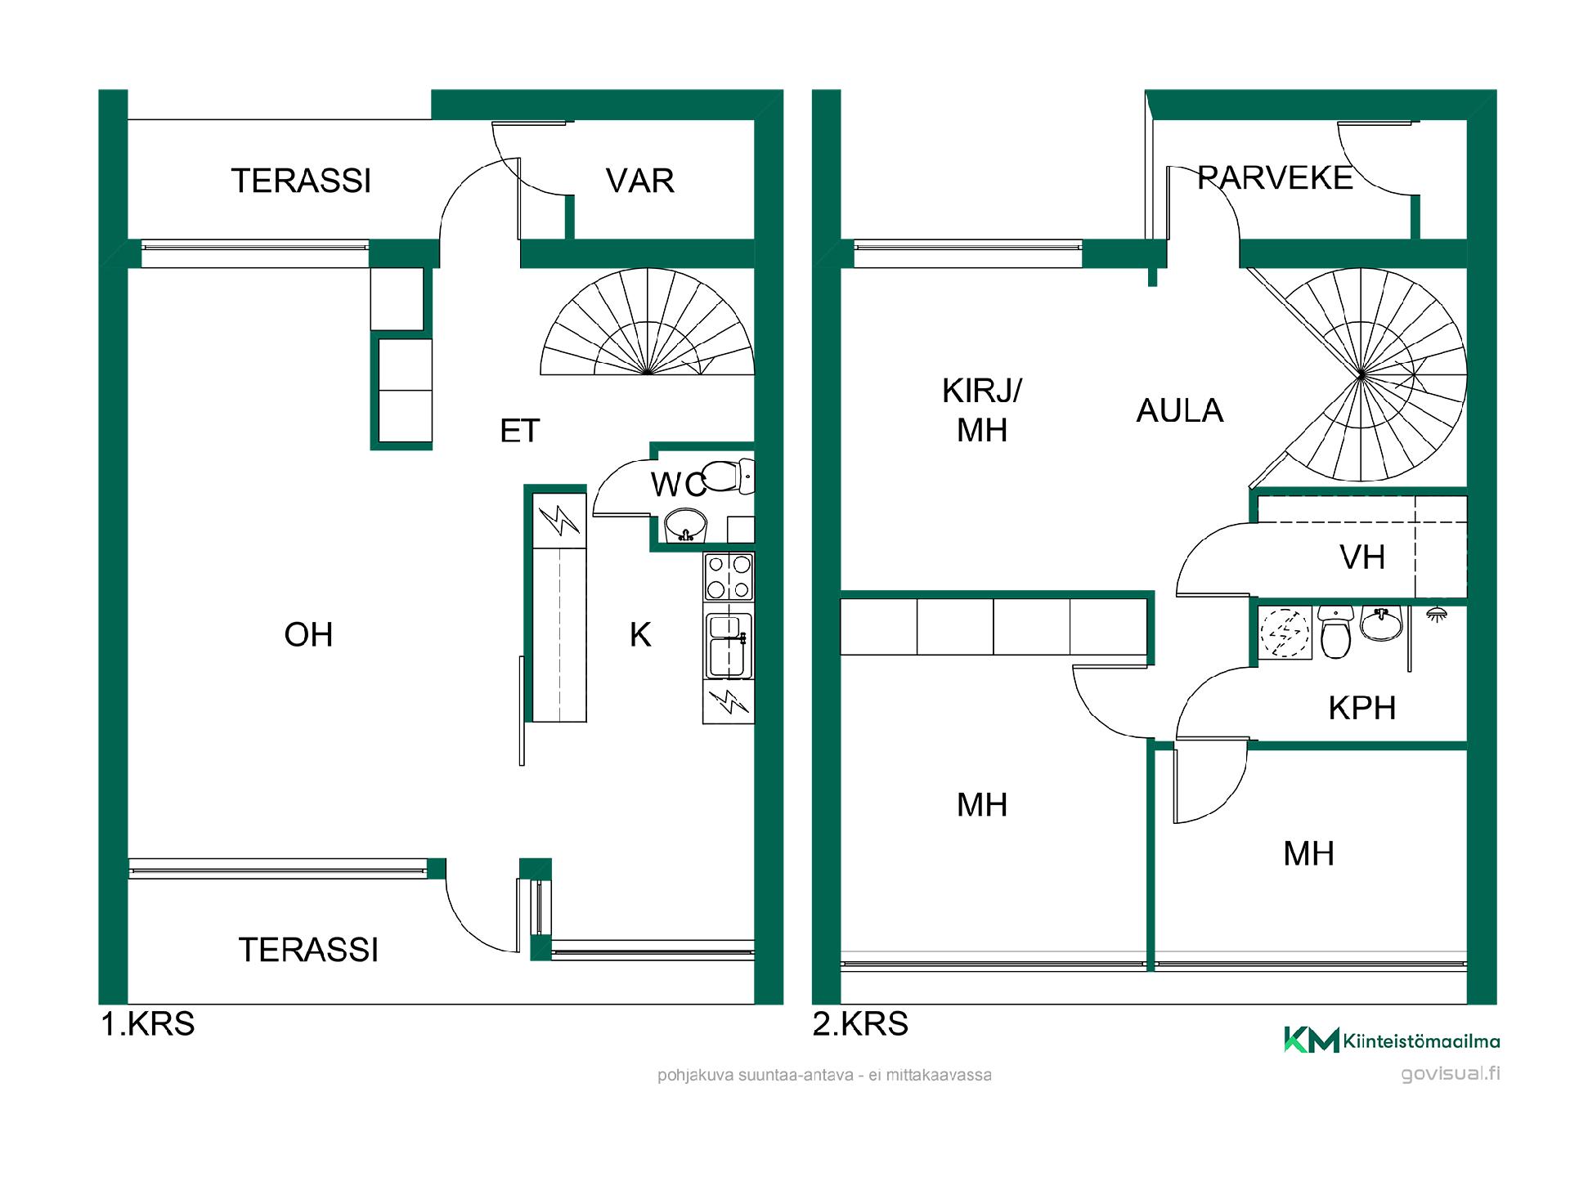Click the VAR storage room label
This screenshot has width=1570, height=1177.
click(640, 181)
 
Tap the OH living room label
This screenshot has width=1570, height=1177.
click(308, 635)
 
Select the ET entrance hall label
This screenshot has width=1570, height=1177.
click(520, 431)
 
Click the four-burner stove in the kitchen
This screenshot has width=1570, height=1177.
click(729, 577)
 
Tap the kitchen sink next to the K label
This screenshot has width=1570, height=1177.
click(729, 646)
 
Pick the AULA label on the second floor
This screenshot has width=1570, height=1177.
click(1179, 410)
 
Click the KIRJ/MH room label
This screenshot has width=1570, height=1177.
click(982, 410)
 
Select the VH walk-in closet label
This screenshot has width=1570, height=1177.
click(1362, 558)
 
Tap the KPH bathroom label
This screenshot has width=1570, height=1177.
click(1361, 708)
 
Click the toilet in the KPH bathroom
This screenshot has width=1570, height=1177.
click(1336, 632)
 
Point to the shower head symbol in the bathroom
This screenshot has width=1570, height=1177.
click(1435, 614)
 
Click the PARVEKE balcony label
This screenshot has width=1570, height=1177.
click(1275, 178)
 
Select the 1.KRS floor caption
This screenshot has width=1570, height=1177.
click(148, 1024)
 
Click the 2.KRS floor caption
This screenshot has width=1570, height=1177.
click(860, 1024)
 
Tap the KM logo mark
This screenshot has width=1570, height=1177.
click(1311, 1040)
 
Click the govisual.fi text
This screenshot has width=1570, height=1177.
click(1450, 1074)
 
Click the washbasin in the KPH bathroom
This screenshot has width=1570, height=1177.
click(1380, 624)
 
